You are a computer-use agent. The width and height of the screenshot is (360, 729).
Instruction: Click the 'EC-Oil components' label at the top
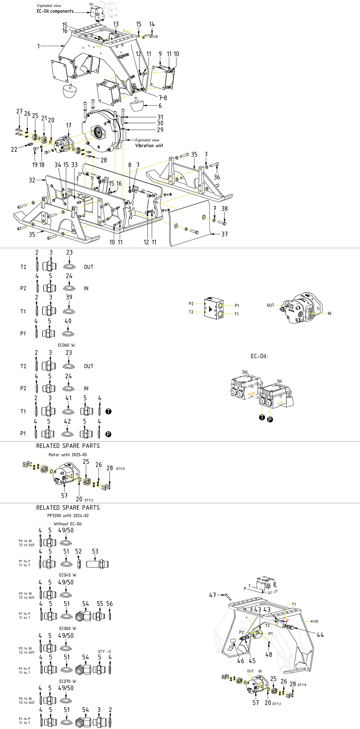click(55, 11)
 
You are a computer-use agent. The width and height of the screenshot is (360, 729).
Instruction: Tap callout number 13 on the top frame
click(116, 24)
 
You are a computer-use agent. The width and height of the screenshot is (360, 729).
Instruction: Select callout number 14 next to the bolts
click(152, 24)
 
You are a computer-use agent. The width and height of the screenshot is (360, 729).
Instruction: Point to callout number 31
click(160, 117)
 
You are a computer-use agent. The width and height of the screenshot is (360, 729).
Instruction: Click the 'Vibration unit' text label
click(149, 146)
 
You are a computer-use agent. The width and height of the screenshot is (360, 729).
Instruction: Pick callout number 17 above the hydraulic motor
click(68, 125)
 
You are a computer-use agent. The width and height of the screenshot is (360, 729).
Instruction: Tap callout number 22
click(14, 149)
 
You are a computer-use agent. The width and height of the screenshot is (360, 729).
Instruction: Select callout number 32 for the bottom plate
click(32, 180)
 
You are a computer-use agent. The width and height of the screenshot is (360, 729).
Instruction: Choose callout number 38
click(224, 209)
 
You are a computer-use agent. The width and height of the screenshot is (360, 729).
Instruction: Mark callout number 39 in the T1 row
click(69, 297)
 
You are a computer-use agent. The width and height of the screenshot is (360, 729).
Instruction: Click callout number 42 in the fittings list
click(67, 421)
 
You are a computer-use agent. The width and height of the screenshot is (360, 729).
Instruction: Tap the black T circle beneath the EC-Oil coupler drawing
click(262, 417)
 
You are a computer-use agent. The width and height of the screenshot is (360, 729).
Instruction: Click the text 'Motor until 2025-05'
click(68, 455)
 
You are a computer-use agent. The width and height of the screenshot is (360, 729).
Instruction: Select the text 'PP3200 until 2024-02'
click(68, 515)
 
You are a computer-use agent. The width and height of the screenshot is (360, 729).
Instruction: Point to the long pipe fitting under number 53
click(97, 564)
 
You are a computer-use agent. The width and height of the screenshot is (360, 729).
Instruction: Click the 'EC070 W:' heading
click(68, 681)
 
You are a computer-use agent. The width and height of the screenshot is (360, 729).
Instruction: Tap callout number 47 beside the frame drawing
click(213, 595)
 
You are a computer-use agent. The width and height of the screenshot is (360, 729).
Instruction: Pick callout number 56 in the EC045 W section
click(109, 604)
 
